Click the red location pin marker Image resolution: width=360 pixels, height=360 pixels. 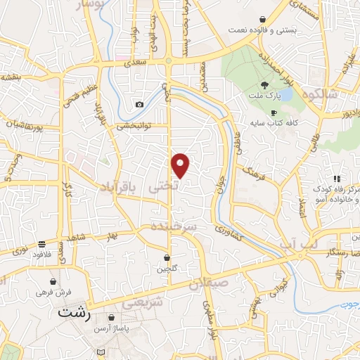point(181,165)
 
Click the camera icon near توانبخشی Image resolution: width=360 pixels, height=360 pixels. point(139,105)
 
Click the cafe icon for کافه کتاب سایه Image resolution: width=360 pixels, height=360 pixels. point(274,112)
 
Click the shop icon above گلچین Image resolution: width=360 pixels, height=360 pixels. point(167,257)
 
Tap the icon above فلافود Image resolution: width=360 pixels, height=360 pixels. point(44,243)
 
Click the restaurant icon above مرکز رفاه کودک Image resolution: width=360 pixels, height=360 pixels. point(337,179)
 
